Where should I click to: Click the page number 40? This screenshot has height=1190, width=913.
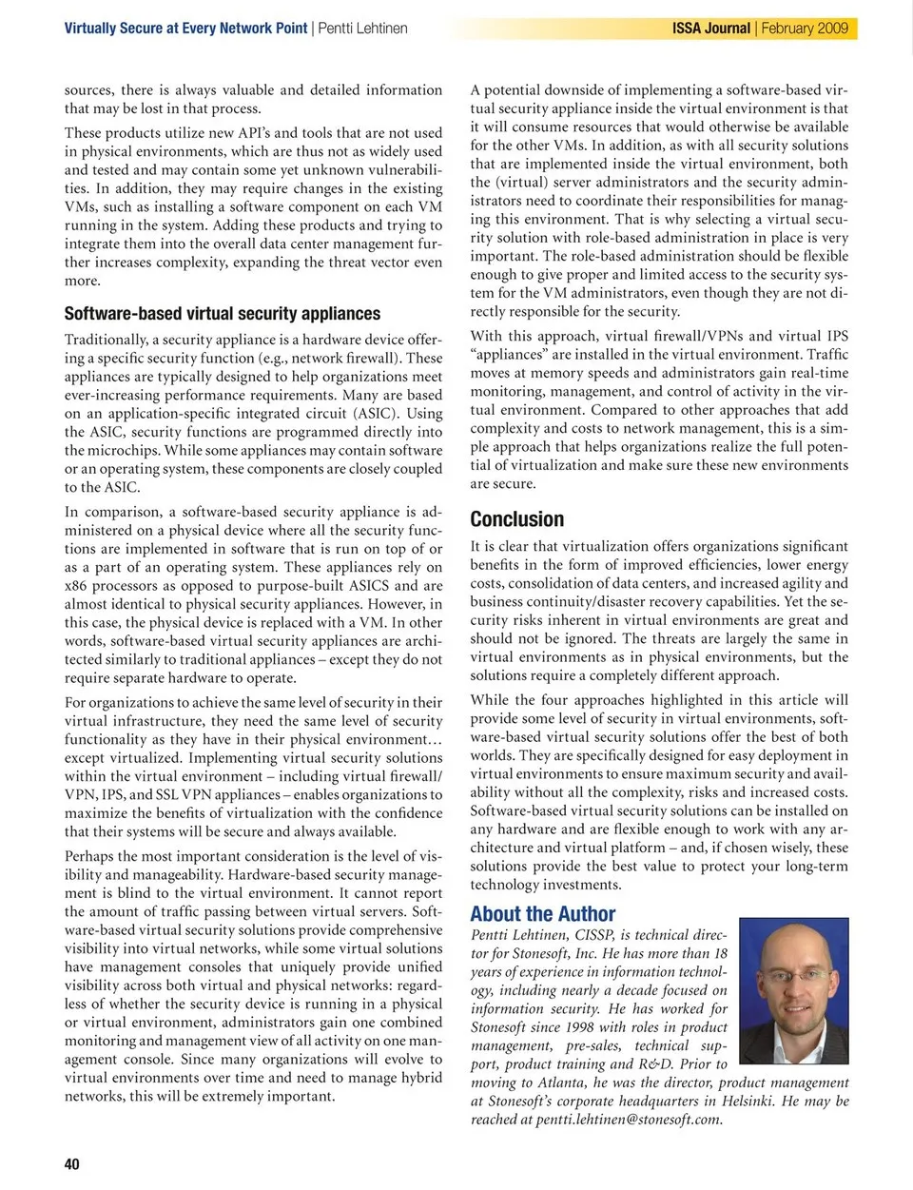72,1163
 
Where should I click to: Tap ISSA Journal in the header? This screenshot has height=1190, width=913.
710,29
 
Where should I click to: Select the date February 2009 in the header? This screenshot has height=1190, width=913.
805,29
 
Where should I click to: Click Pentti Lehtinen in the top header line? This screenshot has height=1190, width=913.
362,29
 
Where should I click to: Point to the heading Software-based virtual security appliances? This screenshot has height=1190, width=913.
222,313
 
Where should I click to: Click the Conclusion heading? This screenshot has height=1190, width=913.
516,518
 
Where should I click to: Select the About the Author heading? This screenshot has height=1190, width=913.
542,914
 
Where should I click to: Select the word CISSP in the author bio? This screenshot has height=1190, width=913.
590,935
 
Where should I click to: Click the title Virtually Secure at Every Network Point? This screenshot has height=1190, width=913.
185,29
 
